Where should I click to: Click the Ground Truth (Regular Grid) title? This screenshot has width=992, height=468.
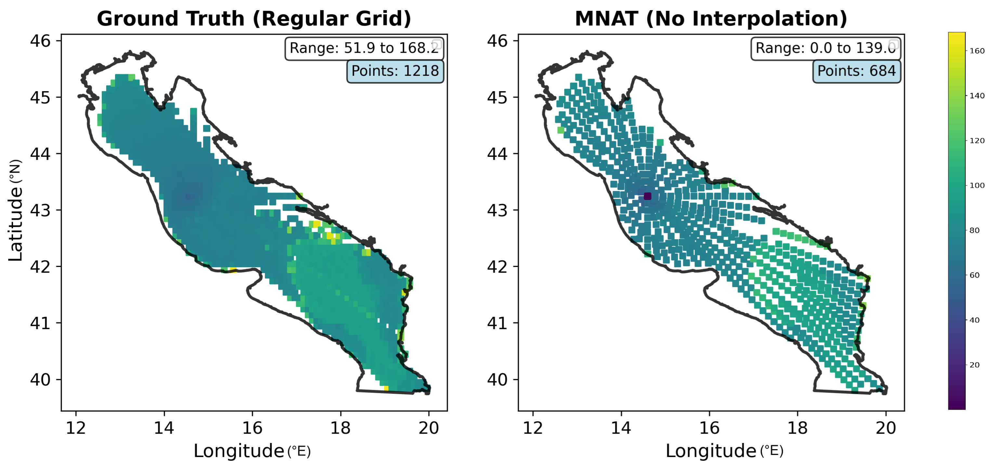pos(254,19)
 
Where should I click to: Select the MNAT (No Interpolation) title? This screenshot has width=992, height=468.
pos(711,19)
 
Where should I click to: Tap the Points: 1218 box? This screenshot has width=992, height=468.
pos(395,71)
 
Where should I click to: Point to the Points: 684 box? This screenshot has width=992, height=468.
pos(856,71)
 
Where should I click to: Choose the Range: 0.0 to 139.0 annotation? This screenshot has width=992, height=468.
pos(825,48)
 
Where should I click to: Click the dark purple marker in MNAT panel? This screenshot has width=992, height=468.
pos(647,196)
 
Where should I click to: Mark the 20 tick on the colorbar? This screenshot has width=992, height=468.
pos(974,365)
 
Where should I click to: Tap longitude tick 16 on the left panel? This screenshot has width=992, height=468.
pos(252,428)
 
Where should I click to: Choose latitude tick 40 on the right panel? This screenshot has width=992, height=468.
pos(497,380)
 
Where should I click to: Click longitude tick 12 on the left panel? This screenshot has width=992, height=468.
pos(76,428)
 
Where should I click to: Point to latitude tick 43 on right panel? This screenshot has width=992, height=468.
pos(497,211)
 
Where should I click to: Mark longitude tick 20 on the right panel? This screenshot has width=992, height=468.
pos(886,428)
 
